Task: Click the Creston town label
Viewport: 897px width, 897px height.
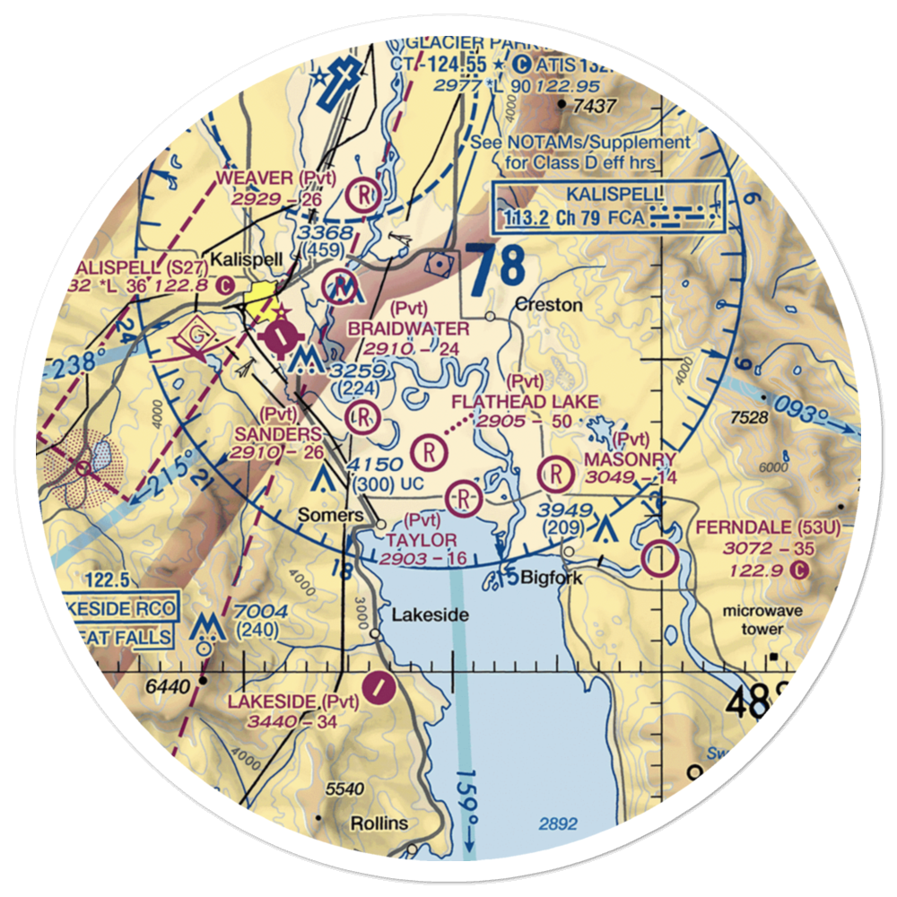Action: click(x=549, y=306)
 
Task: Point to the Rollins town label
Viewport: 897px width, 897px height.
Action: click(x=379, y=823)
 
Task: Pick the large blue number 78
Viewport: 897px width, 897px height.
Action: click(x=496, y=271)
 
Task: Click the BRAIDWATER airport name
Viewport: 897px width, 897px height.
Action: click(x=408, y=329)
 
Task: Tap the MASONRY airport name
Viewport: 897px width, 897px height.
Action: click(x=630, y=459)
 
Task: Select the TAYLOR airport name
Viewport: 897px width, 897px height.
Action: click(x=422, y=540)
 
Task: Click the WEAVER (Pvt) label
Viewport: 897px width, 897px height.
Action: click(x=275, y=178)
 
